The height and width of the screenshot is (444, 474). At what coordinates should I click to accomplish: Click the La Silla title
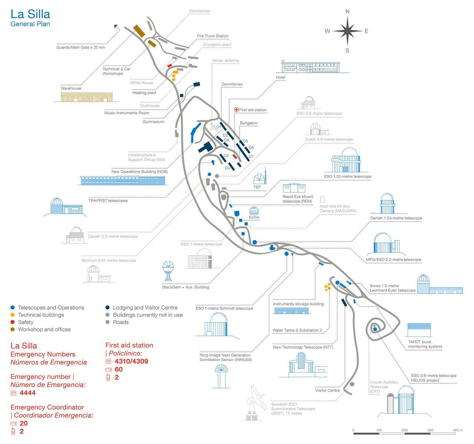pyautogui.click(x=30, y=14)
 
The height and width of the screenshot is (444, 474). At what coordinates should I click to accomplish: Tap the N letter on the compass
pyautogui.click(x=347, y=11)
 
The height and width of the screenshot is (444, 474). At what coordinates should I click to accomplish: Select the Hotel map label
pyautogui.click(x=280, y=77)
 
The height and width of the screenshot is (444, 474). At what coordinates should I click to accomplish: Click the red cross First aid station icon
pyautogui.click(x=237, y=110)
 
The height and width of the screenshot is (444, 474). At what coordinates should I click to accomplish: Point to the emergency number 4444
pyautogui.click(x=28, y=393)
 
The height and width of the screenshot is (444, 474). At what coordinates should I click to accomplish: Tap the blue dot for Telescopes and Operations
pyautogui.click(x=13, y=307)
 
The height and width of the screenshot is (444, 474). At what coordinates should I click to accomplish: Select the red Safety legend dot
pyautogui.click(x=13, y=322)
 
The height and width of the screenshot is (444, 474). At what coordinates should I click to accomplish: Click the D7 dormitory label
pyautogui.click(x=251, y=157)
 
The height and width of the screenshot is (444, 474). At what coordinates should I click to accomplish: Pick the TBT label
pyautogui.click(x=257, y=187)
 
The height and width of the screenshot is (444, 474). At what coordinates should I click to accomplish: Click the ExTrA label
pyautogui.click(x=254, y=218)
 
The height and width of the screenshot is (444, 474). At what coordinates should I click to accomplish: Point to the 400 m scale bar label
pyautogui.click(x=458, y=430)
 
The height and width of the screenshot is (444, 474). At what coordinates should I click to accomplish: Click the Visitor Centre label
pyautogui.click(x=327, y=390)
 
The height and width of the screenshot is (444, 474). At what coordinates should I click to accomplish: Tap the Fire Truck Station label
pyautogui.click(x=213, y=36)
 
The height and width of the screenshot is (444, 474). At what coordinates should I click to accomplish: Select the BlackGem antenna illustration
pyautogui.click(x=168, y=272)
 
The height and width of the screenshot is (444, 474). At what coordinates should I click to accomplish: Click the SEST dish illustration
pyautogui.click(x=255, y=403)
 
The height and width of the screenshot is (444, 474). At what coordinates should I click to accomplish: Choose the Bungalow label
pyautogui.click(x=248, y=123)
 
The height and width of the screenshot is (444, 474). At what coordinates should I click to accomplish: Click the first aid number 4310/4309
pyautogui.click(x=131, y=361)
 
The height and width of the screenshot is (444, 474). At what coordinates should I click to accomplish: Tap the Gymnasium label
pyautogui.click(x=153, y=122)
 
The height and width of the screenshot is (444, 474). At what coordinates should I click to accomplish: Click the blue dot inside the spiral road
pyautogui.click(x=375, y=329)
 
